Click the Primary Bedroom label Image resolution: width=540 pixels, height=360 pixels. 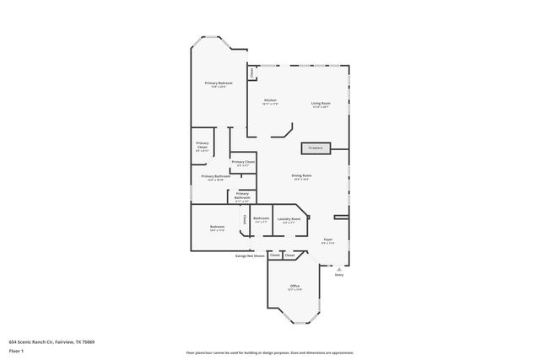219,84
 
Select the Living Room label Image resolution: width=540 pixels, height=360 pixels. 321,105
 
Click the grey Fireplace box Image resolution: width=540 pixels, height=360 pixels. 316,148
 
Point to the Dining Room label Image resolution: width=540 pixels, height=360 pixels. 302,177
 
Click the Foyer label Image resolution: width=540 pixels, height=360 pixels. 327,241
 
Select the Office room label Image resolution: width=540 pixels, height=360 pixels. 295,288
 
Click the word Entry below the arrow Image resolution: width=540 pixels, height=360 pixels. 339,275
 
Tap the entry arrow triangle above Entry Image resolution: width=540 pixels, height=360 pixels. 339,268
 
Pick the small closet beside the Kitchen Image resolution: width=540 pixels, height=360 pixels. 251,73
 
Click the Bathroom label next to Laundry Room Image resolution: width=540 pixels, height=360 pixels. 261,221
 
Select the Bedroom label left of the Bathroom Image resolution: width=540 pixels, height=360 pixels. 217,228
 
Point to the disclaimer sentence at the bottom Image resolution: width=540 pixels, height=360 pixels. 269,352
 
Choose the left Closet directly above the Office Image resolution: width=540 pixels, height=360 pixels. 274,255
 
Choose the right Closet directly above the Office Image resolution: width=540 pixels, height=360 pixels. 289,255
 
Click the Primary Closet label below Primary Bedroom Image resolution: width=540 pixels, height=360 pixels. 243,164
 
